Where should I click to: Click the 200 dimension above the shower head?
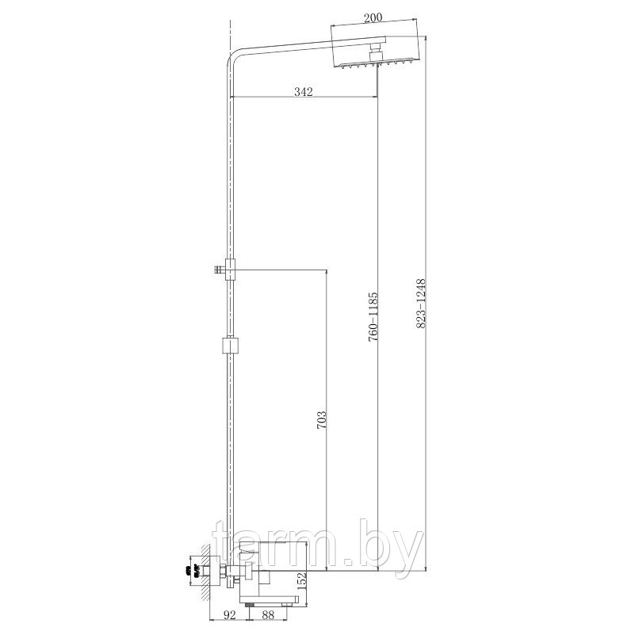point(373,17)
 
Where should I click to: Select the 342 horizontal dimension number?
point(304,92)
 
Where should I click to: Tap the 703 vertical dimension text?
point(321,420)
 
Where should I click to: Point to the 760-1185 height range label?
point(373,316)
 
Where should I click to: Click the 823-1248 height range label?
point(421,304)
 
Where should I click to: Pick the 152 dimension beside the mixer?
point(301,582)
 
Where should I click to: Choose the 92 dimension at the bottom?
point(229,614)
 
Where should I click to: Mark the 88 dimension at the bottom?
point(268,614)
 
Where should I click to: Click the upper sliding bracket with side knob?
point(226,269)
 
